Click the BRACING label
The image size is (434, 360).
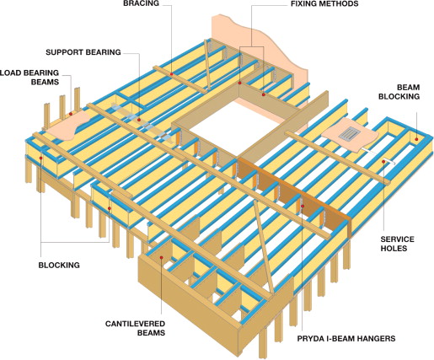(x=141, y=3)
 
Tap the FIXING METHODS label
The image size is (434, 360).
(x=324, y=3)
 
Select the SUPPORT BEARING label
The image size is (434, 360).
(x=83, y=52)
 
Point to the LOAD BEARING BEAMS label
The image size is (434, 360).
(x=29, y=78)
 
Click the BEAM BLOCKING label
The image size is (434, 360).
(x=399, y=92)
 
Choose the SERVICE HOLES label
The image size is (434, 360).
(x=397, y=244)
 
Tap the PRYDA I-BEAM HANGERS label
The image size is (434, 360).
(x=346, y=338)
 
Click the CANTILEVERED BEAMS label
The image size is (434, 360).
(x=135, y=328)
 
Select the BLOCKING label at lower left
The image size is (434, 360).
(x=59, y=265)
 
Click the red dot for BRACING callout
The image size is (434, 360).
(x=171, y=74)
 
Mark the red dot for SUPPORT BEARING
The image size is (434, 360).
(x=139, y=120)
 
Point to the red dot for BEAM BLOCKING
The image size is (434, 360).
(x=417, y=139)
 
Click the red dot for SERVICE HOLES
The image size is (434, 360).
(x=383, y=162)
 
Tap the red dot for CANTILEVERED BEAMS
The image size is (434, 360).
(x=162, y=257)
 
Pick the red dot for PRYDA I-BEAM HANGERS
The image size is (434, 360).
(x=303, y=206)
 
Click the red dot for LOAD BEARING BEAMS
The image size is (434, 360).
(x=71, y=114)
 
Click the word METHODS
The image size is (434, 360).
(x=340, y=3)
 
